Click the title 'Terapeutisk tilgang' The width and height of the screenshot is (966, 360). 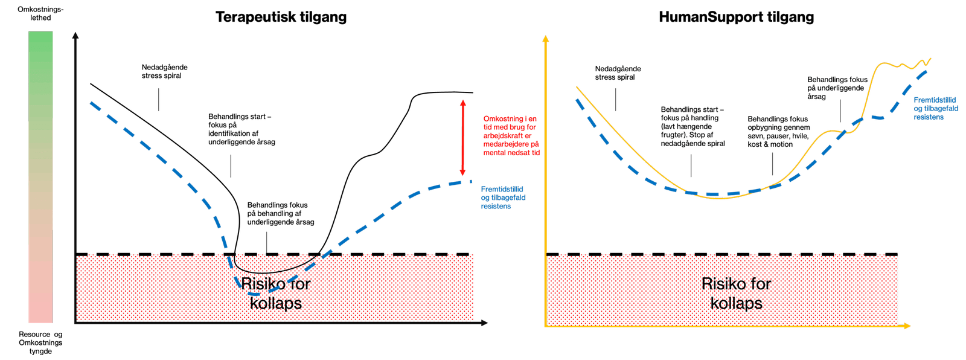(x=281, y=17)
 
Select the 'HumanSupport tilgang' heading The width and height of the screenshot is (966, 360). (x=736, y=17)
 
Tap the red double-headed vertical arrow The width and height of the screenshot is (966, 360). (x=462, y=138)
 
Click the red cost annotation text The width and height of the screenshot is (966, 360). (x=511, y=136)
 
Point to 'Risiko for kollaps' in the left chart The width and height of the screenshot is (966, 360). (x=276, y=294)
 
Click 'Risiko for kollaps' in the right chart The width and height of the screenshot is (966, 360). (x=736, y=294)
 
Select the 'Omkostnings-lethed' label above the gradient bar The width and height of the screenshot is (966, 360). (x=40, y=14)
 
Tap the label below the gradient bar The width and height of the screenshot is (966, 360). (x=40, y=342)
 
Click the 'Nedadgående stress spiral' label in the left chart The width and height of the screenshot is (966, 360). (x=164, y=71)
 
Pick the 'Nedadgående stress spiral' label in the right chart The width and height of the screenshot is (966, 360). (x=618, y=73)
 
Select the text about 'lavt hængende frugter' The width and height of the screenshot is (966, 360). (x=693, y=126)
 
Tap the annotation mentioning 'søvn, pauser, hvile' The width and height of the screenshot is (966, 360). (x=778, y=132)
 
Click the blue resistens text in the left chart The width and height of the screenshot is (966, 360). (x=503, y=197)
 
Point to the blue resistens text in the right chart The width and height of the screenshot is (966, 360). (x=936, y=108)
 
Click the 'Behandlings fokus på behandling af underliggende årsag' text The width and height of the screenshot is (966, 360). (x=281, y=214)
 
